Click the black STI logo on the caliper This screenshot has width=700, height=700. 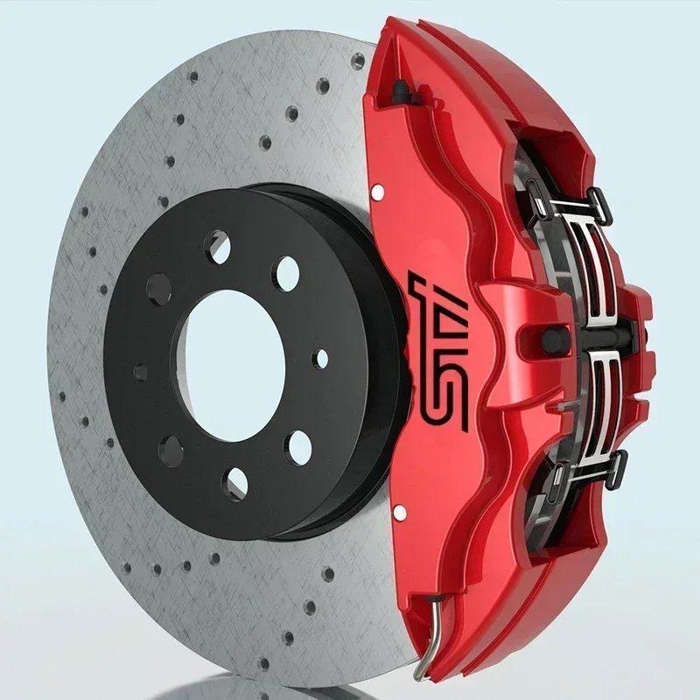pyautogui.click(x=440, y=353)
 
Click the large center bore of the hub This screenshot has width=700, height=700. pyautogui.click(x=234, y=366)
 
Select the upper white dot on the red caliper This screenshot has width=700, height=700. pyautogui.click(x=378, y=192)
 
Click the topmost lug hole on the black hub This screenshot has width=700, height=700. pyautogui.click(x=217, y=247)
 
